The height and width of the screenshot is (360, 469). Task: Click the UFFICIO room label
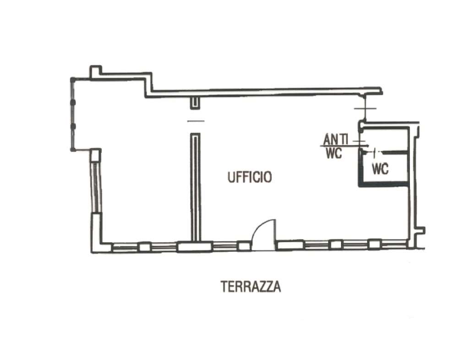(250, 177)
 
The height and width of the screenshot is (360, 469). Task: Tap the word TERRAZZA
(251, 286)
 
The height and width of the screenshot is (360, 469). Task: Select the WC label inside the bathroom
(380, 169)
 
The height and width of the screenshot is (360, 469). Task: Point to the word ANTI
(336, 140)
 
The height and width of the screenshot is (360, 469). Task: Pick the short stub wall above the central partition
(195, 103)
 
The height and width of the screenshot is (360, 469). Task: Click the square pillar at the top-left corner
(96, 71)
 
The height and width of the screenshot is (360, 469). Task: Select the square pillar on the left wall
(96, 155)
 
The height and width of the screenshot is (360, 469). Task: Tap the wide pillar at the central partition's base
(195, 247)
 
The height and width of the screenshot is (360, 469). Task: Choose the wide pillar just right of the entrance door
(290, 245)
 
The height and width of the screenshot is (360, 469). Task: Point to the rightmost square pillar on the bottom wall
(374, 244)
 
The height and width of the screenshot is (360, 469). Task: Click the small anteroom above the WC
(385, 139)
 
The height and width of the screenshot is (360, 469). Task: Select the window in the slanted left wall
(97, 187)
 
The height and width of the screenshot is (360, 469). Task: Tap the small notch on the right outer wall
(421, 230)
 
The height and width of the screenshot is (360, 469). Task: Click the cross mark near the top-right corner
(365, 108)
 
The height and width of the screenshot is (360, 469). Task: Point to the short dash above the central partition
(196, 121)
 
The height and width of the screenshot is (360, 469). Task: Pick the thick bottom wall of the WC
(383, 185)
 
